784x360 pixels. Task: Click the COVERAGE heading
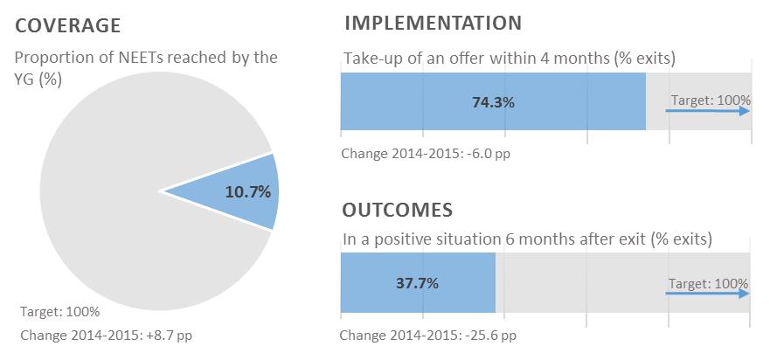tap(67, 25)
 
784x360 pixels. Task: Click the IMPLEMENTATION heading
tap(433, 23)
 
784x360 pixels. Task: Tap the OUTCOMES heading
tap(398, 210)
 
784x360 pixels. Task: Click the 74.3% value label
tap(493, 102)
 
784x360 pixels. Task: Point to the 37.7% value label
tap(417, 283)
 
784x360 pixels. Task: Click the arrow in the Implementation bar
tap(707, 111)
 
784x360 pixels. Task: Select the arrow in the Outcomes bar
tap(707, 294)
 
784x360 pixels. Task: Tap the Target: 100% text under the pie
tap(60, 311)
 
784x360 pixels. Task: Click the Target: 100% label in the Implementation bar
tap(711, 100)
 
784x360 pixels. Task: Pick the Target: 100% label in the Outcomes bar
tap(709, 283)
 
